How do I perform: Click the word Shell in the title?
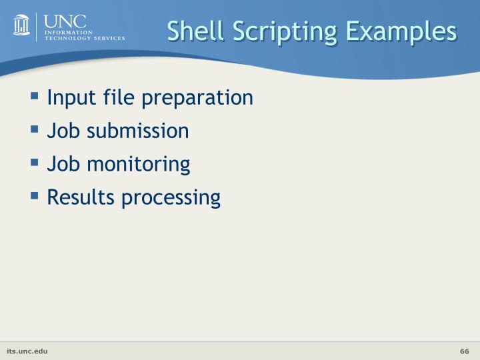click(191, 31)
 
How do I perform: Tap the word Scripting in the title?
click(271, 31)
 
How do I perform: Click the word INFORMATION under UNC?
click(68, 33)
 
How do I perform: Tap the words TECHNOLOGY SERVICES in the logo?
click(84, 39)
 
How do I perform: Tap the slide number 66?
click(465, 351)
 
